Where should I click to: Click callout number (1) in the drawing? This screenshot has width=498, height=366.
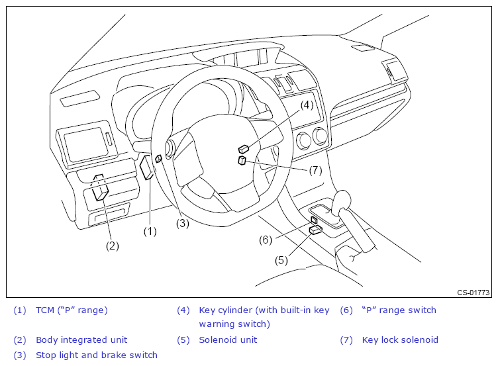[150, 231]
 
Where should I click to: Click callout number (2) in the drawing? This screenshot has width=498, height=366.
[113, 246]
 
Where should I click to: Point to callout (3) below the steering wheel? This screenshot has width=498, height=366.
[182, 223]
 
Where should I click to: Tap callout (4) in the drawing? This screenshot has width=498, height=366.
[306, 105]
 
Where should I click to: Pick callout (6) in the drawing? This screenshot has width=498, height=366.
[266, 240]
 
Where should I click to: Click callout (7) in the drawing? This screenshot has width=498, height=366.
[315, 169]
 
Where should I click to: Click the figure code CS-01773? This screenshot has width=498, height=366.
[473, 293]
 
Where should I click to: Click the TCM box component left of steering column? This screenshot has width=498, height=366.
[148, 168]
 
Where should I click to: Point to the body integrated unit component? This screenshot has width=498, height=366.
[101, 193]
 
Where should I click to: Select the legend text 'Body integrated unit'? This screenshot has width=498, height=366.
[81, 340]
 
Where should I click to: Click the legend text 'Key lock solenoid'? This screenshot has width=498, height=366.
[400, 340]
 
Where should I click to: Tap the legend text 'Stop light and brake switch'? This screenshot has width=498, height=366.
[97, 355]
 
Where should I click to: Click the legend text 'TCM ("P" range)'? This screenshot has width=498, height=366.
[72, 310]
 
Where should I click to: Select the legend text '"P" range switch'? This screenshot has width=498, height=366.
[399, 310]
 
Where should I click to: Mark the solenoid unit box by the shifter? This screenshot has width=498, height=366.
[316, 230]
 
